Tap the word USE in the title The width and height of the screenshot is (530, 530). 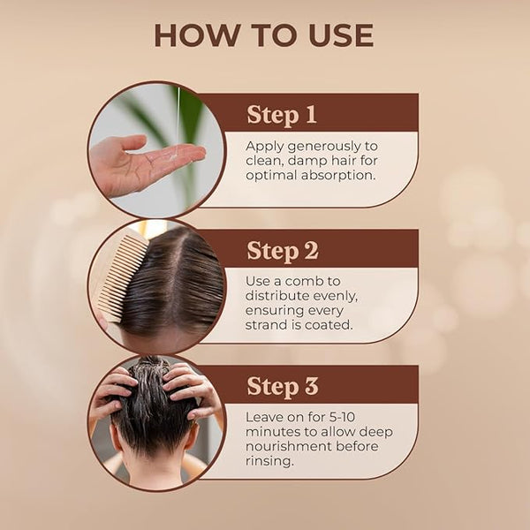pyautogui.click(x=341, y=35)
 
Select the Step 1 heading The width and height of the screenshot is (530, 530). pyautogui.click(x=282, y=115)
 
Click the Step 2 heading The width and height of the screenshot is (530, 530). pyautogui.click(x=283, y=251)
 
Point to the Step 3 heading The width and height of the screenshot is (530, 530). pyautogui.click(x=283, y=386)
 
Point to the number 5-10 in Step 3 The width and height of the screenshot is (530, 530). pyautogui.click(x=342, y=417)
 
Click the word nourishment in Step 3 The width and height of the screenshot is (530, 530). pyautogui.click(x=288, y=446)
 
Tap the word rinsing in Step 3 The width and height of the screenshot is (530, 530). pyautogui.click(x=269, y=461)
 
